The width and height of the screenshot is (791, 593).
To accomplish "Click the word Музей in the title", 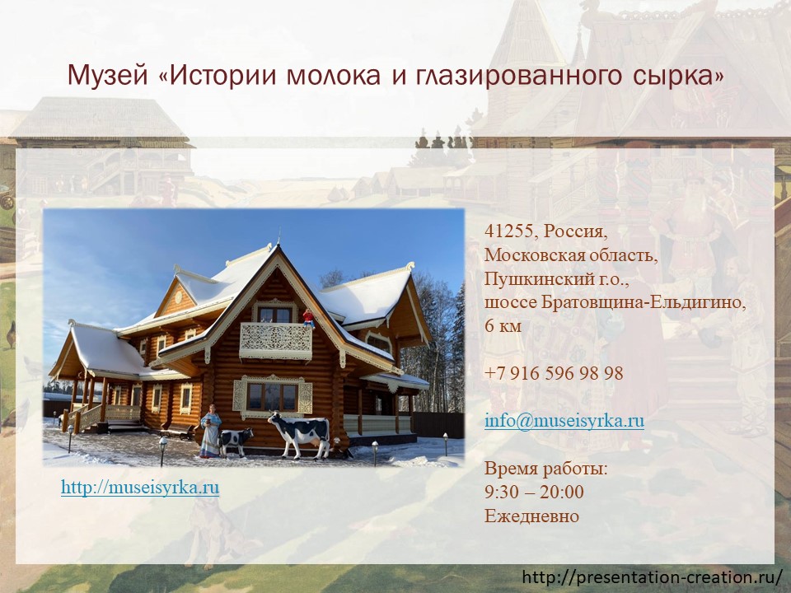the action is pos(107,75).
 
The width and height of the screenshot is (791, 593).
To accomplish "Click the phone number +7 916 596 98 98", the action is pos(554,373).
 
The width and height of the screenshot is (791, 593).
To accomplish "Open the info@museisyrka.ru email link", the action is pos(564,421).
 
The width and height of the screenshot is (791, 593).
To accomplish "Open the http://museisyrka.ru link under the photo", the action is pos(140,487).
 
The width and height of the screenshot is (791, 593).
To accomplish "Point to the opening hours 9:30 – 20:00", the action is pos(534,492).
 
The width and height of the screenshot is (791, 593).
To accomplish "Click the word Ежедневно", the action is pos(531,516).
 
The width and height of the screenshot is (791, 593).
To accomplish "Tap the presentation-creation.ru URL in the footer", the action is pos(653,577).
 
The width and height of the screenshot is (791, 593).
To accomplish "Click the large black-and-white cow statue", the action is pos(301,435).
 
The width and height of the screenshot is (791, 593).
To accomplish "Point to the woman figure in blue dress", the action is pos(210,432).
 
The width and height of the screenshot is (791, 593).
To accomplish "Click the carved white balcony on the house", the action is pos(275,341).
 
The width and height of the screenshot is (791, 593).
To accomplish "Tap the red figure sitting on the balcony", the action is pos(308,318).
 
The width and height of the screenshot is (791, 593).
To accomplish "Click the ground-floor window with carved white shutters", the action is pos(272,396).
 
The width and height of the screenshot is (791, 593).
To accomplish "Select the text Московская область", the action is pos(572,255).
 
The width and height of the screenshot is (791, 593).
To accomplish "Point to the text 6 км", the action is pos(503,326).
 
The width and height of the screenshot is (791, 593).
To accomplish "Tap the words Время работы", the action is pos(546,469).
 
